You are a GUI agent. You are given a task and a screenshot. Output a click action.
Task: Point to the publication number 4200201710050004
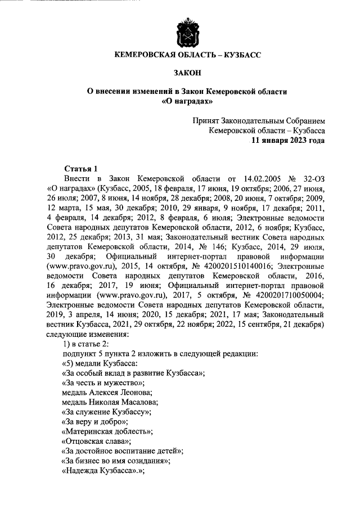[x=287, y=293]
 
